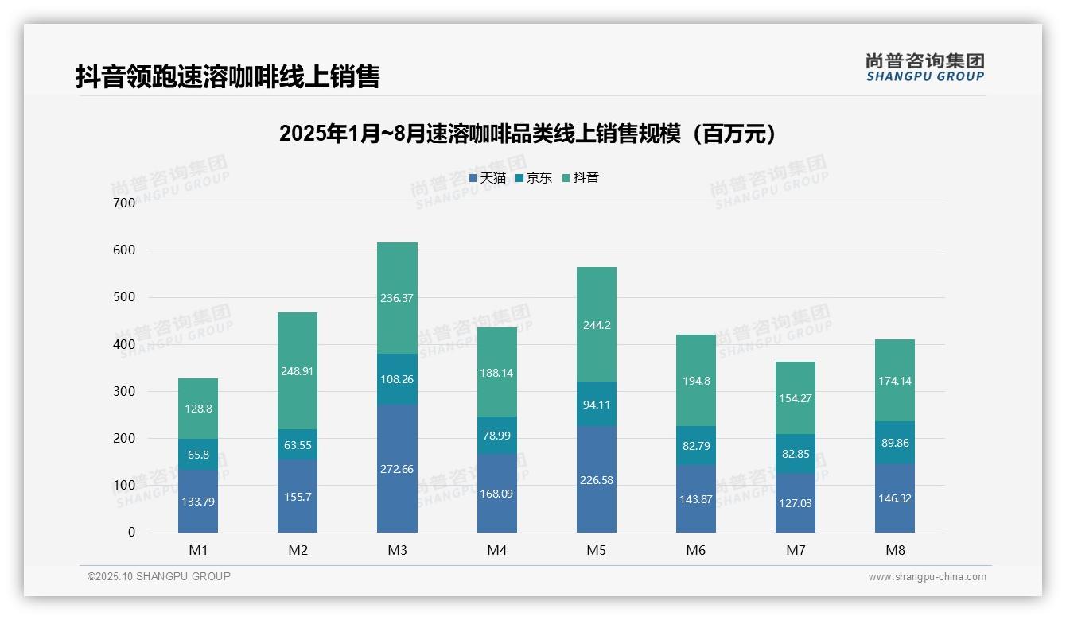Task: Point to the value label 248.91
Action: (x=298, y=371)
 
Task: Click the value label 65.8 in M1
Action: (x=198, y=455)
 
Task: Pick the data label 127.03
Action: (x=795, y=503)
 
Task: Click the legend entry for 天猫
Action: (x=488, y=178)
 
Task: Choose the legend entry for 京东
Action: (x=534, y=178)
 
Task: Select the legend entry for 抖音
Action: (x=581, y=178)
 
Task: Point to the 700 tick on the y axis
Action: (x=125, y=203)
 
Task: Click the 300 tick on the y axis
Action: (x=125, y=391)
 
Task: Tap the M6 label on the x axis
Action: (x=695, y=550)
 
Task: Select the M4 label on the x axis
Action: (x=496, y=550)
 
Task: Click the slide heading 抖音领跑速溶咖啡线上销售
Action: (x=228, y=76)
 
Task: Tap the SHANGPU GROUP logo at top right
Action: (x=924, y=67)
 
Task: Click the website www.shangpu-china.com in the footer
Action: (x=927, y=577)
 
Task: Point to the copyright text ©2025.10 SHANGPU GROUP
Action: (x=159, y=576)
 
